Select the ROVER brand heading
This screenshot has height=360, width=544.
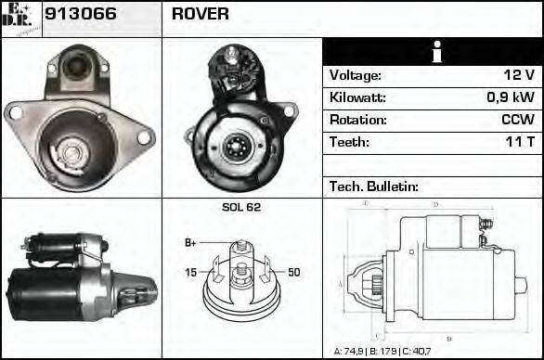click(x=201, y=16)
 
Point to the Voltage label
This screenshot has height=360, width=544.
click(x=356, y=76)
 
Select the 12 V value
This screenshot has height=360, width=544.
click(x=516, y=76)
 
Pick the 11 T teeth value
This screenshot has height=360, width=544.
click(x=517, y=143)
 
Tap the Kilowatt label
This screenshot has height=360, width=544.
click(x=357, y=98)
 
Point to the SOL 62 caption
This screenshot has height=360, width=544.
click(x=241, y=207)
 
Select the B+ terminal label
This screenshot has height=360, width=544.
click(x=191, y=243)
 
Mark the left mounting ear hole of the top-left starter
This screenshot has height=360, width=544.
click(x=13, y=112)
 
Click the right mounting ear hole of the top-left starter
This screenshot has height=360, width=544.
click(x=143, y=137)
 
